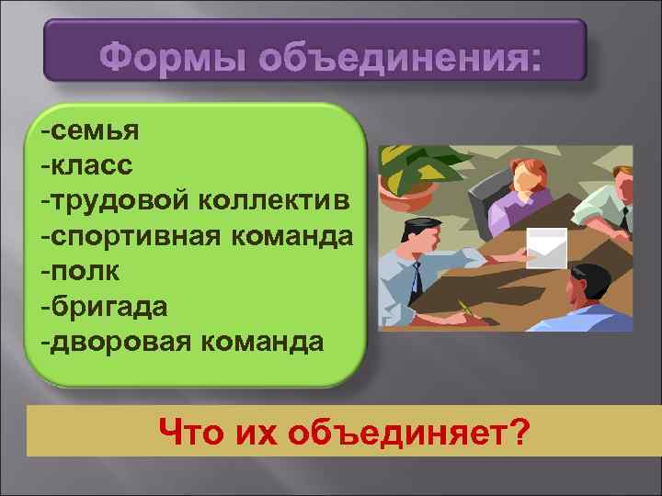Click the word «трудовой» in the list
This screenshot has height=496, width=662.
121,200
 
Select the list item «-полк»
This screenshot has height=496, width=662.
79,272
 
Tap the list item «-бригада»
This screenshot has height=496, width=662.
104,307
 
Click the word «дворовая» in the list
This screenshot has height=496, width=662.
121,342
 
